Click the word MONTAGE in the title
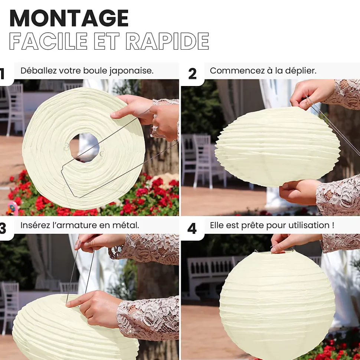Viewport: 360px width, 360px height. tap(69, 19)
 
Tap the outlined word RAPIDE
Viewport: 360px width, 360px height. tap(167, 41)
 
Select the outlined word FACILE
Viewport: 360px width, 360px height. tap(48, 41)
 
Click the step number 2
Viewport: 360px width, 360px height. tap(192, 74)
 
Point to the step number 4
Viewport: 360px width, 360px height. tap(192, 229)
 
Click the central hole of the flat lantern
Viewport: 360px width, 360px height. tap(84, 148)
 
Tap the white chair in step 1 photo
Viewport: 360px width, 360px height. tap(14, 108)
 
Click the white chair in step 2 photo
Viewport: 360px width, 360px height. tap(202, 158)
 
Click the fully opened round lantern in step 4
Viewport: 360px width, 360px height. tap(277, 305)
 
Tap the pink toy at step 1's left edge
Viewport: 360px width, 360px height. tap(11, 208)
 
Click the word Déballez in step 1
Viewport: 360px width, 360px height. tap(38, 70)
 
